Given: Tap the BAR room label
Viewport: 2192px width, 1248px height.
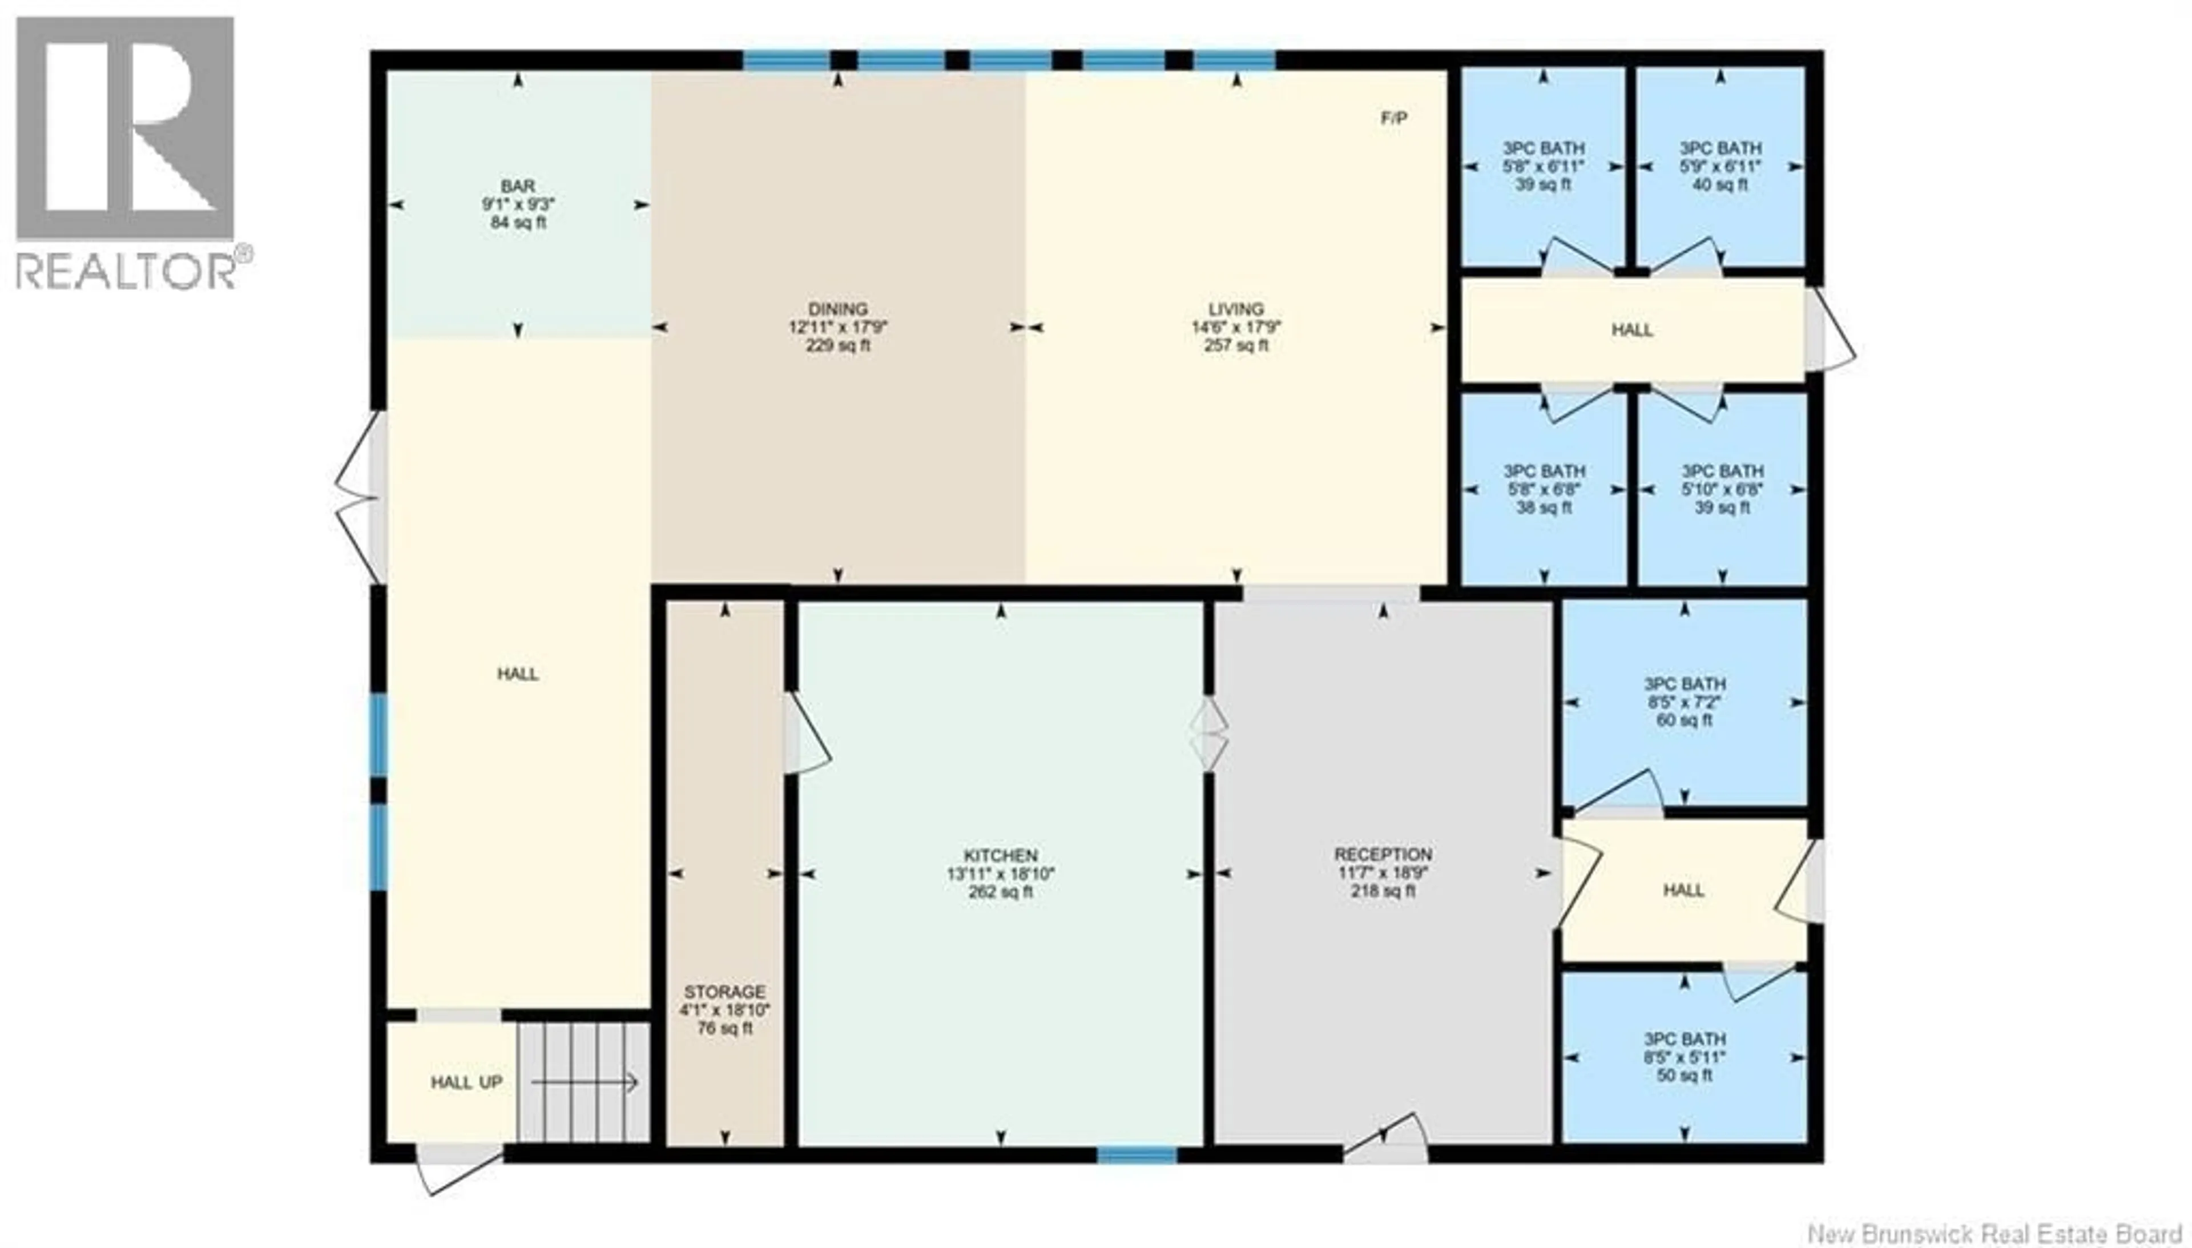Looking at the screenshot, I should (x=518, y=186).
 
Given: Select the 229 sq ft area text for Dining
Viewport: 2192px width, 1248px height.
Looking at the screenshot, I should (x=837, y=345).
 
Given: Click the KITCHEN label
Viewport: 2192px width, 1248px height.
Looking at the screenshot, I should (x=1000, y=855).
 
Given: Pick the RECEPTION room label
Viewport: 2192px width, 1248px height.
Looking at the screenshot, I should (x=1382, y=855).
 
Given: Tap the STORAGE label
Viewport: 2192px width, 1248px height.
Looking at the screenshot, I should (x=724, y=992).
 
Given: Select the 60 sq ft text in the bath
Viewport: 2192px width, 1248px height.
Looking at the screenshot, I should (x=1684, y=720).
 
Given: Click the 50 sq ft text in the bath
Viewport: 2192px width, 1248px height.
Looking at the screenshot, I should (x=1684, y=1075).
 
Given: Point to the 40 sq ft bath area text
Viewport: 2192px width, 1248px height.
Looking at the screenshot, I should (x=1720, y=184).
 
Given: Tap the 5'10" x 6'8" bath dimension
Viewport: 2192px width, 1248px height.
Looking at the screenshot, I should (x=1722, y=489).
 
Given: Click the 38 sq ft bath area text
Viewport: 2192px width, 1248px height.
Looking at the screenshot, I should (x=1544, y=508).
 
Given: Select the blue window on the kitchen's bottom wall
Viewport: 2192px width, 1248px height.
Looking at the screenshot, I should (x=1137, y=1154).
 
